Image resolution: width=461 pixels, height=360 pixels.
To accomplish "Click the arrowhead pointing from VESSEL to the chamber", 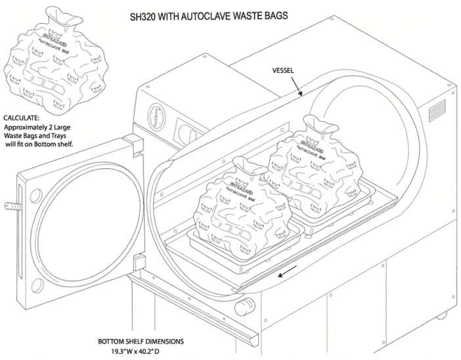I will tap(301, 95).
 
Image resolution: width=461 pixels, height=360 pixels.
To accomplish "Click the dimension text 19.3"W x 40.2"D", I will tap(135, 351).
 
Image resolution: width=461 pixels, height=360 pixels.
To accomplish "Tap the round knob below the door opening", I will tap(247, 304).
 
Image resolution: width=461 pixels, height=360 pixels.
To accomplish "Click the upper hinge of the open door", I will tap(130, 141).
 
